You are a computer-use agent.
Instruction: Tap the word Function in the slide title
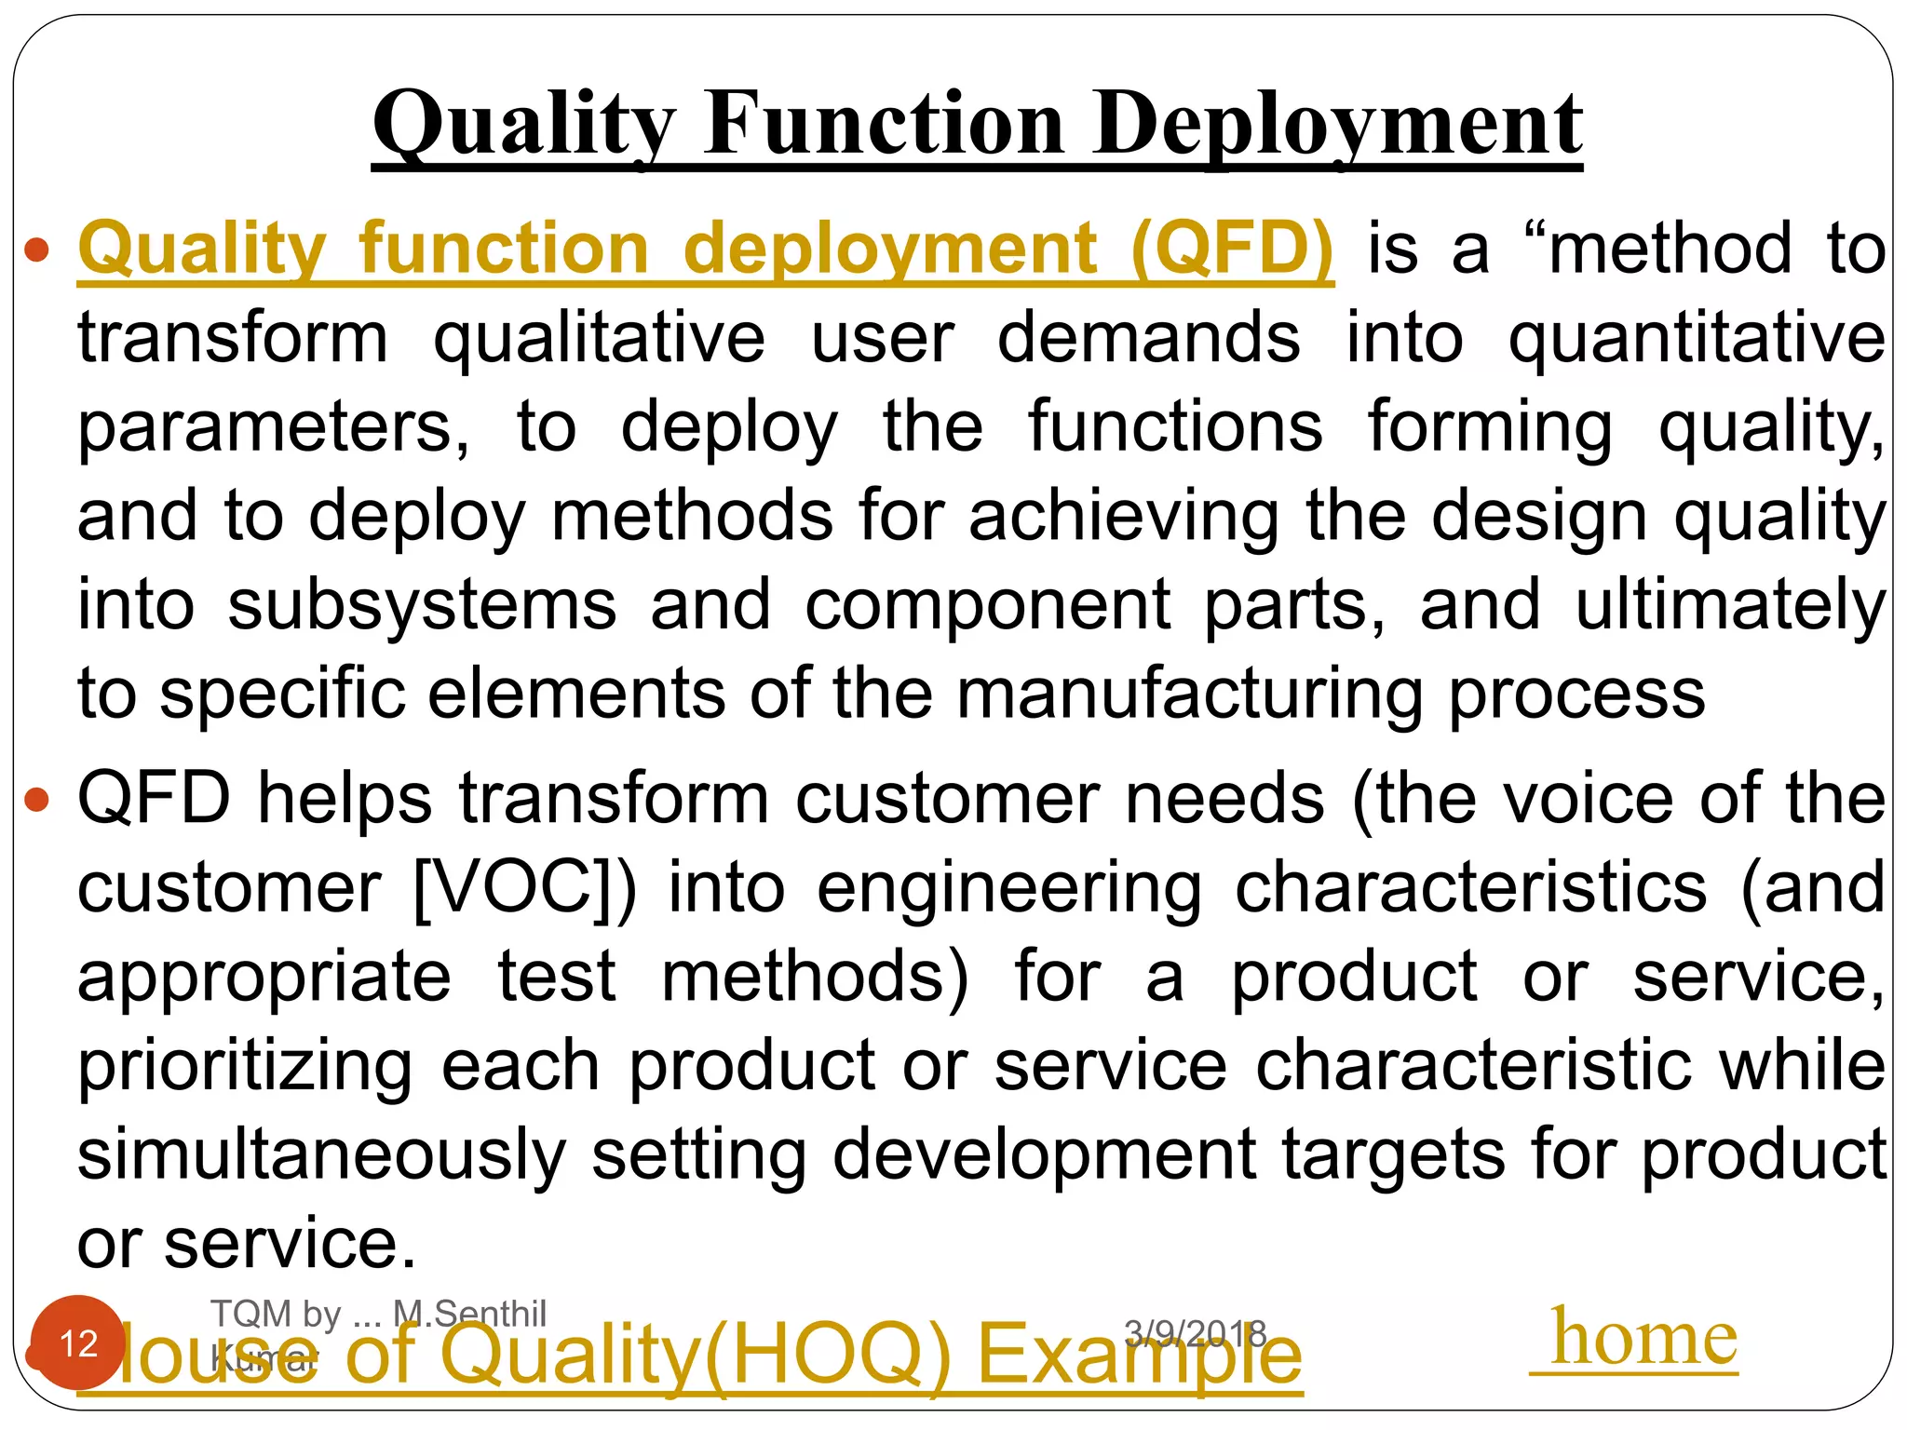click(x=884, y=125)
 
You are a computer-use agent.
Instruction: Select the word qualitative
click(x=599, y=339)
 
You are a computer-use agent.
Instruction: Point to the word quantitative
click(x=1697, y=339)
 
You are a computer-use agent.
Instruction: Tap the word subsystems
click(x=422, y=605)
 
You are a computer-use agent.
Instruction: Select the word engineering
click(x=1009, y=888)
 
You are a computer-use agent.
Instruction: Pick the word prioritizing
click(x=244, y=1066)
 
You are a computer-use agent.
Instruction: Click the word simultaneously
click(x=321, y=1154)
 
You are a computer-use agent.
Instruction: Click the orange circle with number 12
click(x=78, y=1342)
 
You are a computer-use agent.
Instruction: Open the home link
click(x=1643, y=1338)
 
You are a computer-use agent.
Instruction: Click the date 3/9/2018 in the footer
click(x=1196, y=1334)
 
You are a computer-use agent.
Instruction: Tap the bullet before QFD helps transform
click(x=36, y=800)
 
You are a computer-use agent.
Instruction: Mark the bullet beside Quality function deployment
click(x=36, y=250)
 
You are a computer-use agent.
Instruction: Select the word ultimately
click(x=1730, y=605)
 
